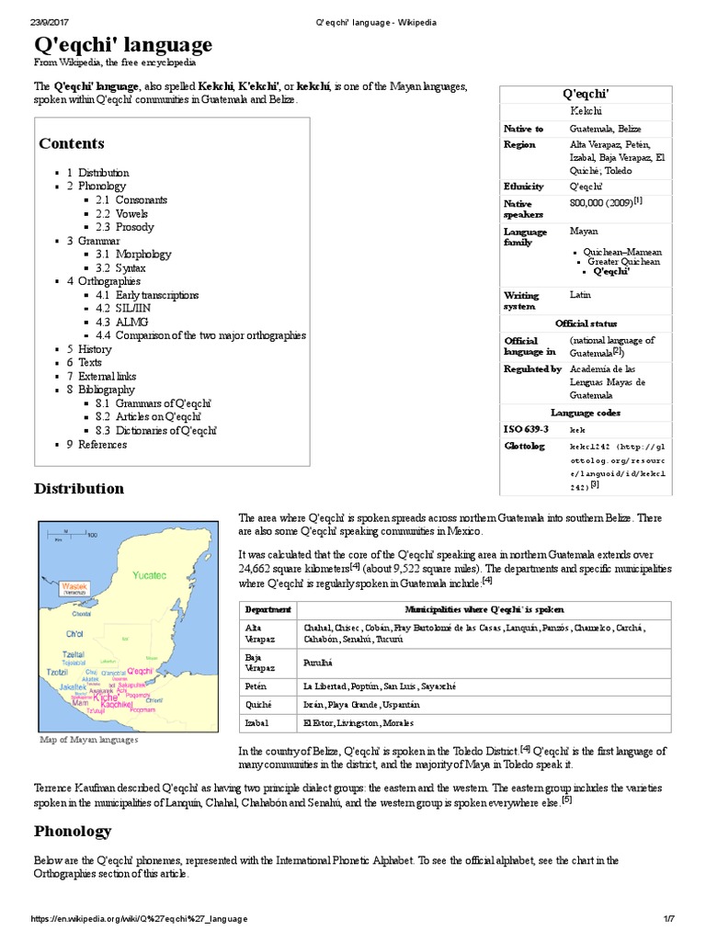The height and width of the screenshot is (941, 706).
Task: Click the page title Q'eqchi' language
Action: click(123, 44)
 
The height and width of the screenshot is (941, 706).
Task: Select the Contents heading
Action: click(72, 143)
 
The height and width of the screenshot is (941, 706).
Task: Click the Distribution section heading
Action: click(79, 489)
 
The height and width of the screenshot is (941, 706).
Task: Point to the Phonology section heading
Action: click(73, 831)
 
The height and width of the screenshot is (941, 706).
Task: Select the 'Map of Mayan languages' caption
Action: click(88, 739)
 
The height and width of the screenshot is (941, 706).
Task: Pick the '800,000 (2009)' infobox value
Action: click(603, 202)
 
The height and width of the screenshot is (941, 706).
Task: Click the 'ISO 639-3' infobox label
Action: click(526, 429)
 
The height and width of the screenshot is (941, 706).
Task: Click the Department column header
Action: click(268, 609)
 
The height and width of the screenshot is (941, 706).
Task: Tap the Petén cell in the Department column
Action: click(256, 686)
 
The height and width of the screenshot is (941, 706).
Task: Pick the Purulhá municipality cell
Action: click(319, 661)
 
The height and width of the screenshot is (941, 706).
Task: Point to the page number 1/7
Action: click(669, 919)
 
